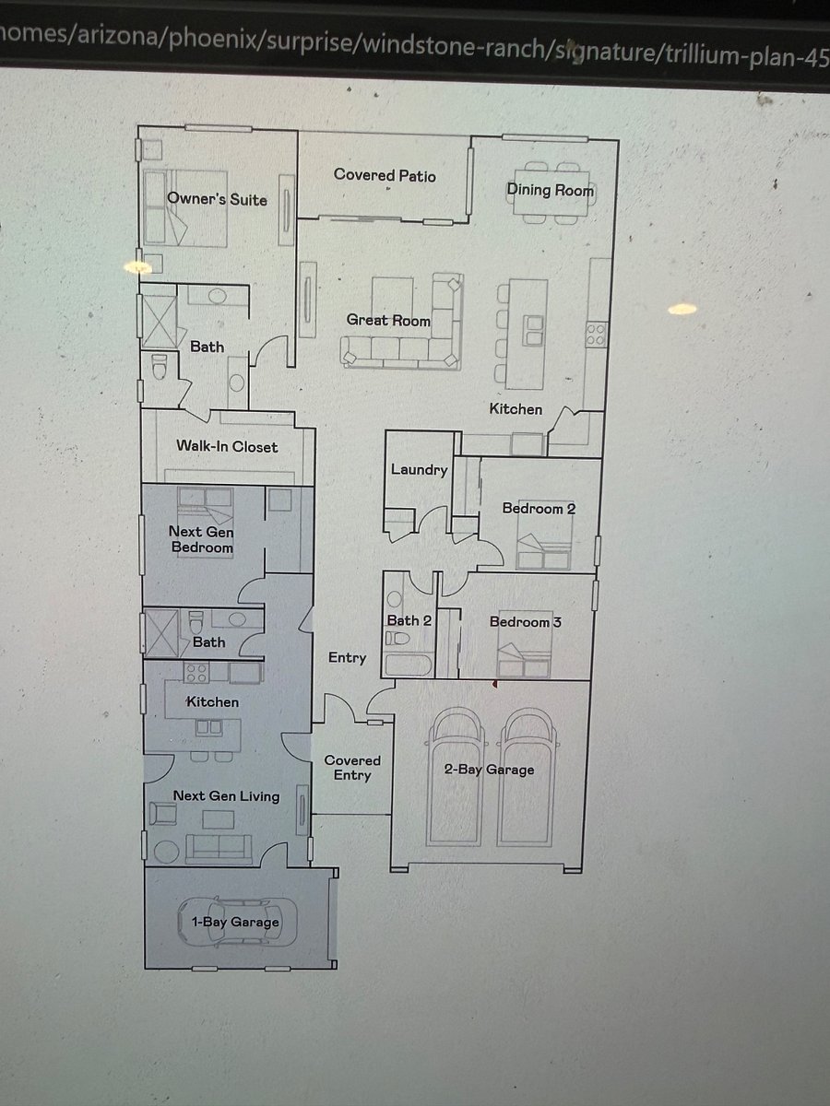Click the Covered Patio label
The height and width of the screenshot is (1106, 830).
[385, 175]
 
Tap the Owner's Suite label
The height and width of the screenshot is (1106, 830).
[217, 199]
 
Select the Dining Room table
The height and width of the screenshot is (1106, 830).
[551, 193]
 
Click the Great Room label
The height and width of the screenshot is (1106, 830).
[388, 320]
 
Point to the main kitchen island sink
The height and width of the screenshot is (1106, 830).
[533, 330]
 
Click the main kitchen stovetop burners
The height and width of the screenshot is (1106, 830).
[596, 335]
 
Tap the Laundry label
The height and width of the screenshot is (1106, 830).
[420, 470]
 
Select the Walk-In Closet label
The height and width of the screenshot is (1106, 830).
[227, 446]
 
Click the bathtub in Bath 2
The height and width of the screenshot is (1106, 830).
[409, 665]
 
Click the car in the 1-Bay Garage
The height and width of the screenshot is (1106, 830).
[237, 922]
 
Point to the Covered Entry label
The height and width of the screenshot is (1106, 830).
[352, 768]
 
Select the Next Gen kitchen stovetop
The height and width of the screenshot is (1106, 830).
[196, 673]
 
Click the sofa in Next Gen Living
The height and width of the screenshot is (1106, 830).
[219, 849]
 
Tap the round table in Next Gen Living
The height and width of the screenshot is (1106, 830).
[166, 852]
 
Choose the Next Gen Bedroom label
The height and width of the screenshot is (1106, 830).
[201, 539]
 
